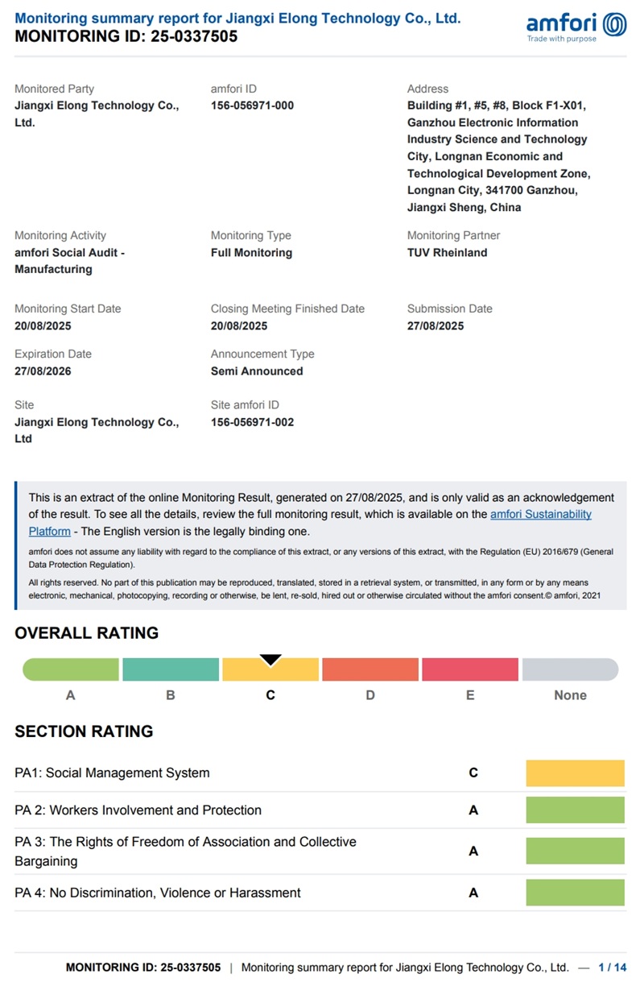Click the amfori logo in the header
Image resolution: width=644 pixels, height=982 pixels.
click(x=576, y=26)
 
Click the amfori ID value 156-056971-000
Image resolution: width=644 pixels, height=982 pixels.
click(x=252, y=106)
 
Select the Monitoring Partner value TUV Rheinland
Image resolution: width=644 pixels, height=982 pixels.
click(x=447, y=252)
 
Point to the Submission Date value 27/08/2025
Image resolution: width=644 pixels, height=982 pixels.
click(x=436, y=325)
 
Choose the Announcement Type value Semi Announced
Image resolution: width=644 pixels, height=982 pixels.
click(x=257, y=371)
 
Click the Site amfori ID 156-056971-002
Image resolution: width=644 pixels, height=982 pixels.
click(x=252, y=422)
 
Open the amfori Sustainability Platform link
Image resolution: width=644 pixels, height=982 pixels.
click(x=541, y=514)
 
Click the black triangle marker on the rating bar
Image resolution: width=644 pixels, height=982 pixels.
click(x=270, y=660)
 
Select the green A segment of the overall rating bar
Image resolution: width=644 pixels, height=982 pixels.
click(x=71, y=669)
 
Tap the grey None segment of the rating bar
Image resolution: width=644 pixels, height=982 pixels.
click(x=570, y=669)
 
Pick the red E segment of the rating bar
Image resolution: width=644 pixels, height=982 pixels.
click(x=470, y=669)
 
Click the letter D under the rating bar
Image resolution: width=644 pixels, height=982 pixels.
click(x=370, y=695)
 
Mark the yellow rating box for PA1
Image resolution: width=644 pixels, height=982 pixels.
click(x=575, y=773)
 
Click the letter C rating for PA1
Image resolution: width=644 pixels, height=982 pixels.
click(x=473, y=773)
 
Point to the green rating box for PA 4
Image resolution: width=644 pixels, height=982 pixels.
click(x=575, y=893)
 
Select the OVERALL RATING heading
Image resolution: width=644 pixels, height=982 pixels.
click(x=87, y=633)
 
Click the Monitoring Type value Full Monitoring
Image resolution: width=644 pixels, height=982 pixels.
click(x=251, y=252)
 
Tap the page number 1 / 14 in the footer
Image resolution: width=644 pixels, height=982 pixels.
click(x=612, y=967)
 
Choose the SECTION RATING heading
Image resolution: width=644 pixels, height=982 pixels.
click(x=84, y=731)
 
